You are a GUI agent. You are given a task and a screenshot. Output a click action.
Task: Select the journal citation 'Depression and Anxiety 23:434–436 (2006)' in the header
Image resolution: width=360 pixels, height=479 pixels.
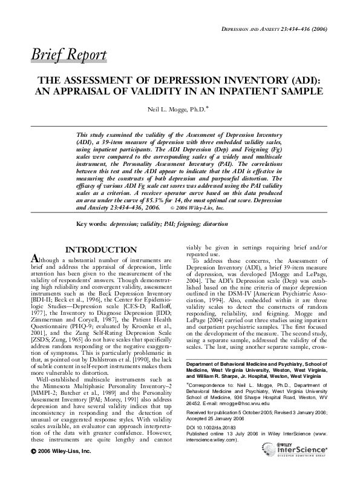click(275, 29)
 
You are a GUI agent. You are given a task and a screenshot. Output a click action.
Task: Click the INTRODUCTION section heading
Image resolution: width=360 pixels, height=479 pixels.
click(101, 249)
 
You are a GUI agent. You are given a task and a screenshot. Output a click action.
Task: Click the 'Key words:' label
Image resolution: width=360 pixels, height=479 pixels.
click(91, 224)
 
